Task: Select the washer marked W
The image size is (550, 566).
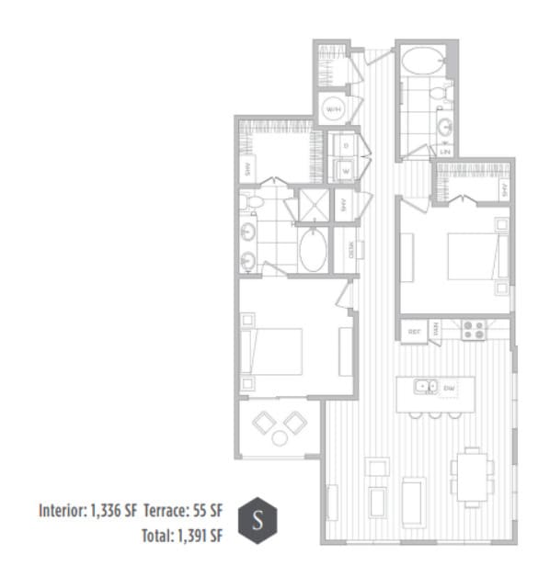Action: pyautogui.click(x=345, y=169)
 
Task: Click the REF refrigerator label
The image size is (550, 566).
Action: pyautogui.click(x=415, y=328)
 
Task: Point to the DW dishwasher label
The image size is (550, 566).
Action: pyautogui.click(x=450, y=388)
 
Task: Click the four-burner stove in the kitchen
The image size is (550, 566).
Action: pyautogui.click(x=475, y=329)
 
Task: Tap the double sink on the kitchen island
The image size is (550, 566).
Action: pyautogui.click(x=425, y=387)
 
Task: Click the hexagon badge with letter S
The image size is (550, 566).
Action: pyautogui.click(x=257, y=520)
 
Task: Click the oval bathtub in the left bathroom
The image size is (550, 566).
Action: pyautogui.click(x=312, y=249)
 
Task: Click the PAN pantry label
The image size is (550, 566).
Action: pyautogui.click(x=437, y=328)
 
